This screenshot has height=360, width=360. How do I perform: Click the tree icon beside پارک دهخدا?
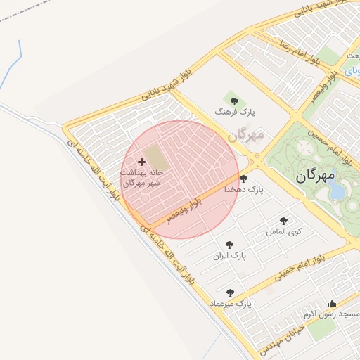[x=243, y=179]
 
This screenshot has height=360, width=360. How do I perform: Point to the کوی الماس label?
[x=284, y=231]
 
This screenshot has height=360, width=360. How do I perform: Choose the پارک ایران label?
[x=231, y=256]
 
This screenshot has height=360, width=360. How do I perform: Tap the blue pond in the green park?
[x=337, y=191]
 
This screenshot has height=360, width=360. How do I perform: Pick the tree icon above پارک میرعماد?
[x=230, y=292]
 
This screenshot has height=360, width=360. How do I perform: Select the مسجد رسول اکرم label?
[x=333, y=314]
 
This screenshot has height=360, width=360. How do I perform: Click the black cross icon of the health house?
[x=141, y=162]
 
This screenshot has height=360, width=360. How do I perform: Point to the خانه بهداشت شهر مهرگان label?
[x=142, y=177]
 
